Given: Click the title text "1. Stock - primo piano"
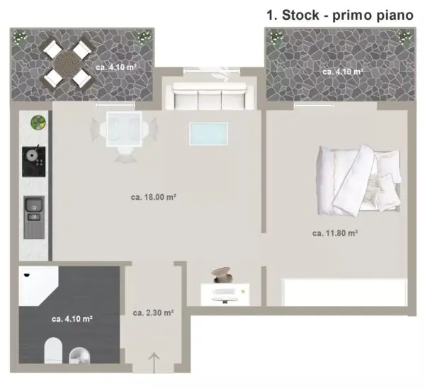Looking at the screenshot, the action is pyautogui.click(x=340, y=15).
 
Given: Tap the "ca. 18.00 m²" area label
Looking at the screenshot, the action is pyautogui.click(x=154, y=197).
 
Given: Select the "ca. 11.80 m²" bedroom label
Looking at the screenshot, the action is pyautogui.click(x=335, y=233).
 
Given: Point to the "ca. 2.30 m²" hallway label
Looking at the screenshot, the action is pyautogui.click(x=153, y=312).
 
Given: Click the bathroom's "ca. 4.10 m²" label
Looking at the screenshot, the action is pyautogui.click(x=72, y=319).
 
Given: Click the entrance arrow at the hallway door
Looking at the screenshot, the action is pyautogui.click(x=154, y=363).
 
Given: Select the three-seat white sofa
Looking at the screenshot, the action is pyautogui.click(x=209, y=96).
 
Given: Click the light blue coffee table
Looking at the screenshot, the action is pyautogui.click(x=208, y=134).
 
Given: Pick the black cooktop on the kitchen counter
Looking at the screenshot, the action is pyautogui.click(x=33, y=162).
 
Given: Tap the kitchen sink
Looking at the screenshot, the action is pyautogui.click(x=34, y=217).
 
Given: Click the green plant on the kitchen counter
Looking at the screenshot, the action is pyautogui.click(x=38, y=123).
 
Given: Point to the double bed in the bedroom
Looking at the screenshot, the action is pyautogui.click(x=358, y=181).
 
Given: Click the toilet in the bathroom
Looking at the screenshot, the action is pyautogui.click(x=53, y=350).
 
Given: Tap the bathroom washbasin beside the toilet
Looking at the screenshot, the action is pyautogui.click(x=79, y=356).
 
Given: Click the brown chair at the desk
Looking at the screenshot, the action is pyautogui.click(x=222, y=275).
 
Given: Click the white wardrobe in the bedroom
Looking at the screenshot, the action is pyautogui.click(x=344, y=292).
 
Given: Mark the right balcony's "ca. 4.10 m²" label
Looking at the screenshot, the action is pyautogui.click(x=343, y=72).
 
